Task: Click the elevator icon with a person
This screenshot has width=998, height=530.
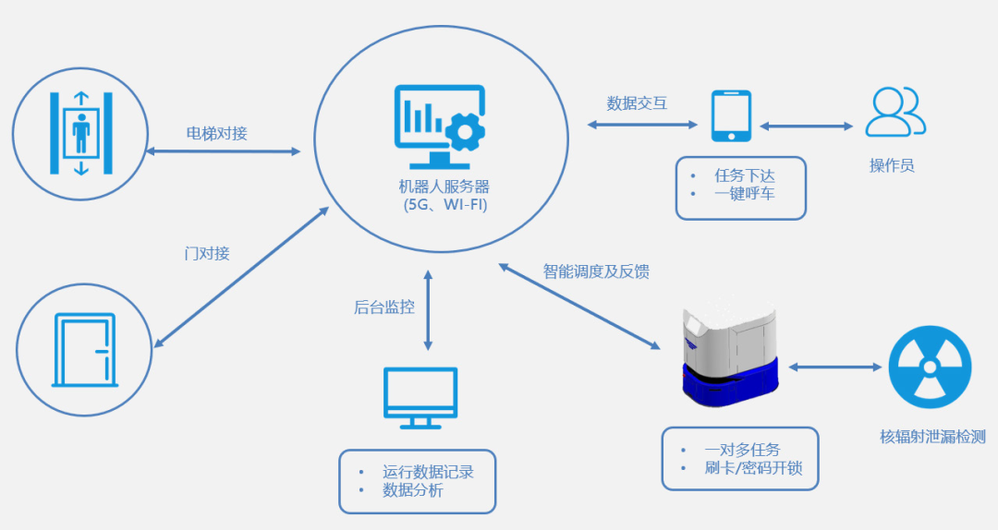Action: click(x=82, y=133)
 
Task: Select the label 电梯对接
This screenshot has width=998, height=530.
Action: click(x=217, y=134)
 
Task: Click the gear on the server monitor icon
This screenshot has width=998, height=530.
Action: click(x=465, y=131)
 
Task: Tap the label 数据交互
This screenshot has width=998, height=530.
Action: click(x=637, y=102)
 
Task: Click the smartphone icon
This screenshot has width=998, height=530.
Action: click(x=731, y=115)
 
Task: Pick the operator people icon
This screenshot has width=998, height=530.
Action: click(x=895, y=112)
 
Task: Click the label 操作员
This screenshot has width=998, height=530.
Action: click(x=892, y=166)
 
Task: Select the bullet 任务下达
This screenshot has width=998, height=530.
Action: click(x=745, y=175)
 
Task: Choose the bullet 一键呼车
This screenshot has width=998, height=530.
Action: click(x=745, y=195)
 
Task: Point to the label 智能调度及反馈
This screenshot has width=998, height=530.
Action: click(x=595, y=271)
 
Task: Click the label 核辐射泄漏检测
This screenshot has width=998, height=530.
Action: click(x=932, y=437)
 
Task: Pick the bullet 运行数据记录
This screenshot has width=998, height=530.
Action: click(x=428, y=472)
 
